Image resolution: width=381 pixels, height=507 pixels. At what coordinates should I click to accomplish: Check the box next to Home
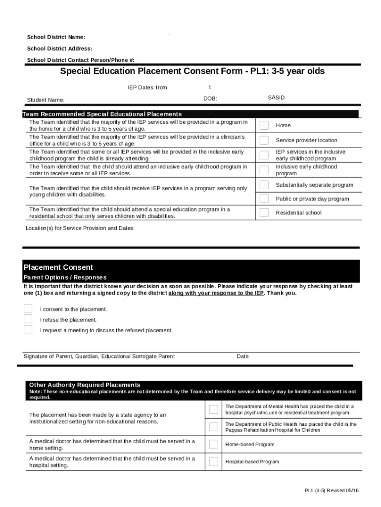coord(264,125)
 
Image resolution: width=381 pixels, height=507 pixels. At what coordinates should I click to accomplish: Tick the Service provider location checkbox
coord(264,140)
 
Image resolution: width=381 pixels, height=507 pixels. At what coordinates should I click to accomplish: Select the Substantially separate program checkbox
coord(264,185)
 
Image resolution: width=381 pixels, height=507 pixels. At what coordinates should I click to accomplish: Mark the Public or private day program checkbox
coord(264,199)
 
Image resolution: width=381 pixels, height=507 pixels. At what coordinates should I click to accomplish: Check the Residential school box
coord(264,213)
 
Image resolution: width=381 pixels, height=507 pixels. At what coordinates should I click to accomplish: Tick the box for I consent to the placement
coord(28,308)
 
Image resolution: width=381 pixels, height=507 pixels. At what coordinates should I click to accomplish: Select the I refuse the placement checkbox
coord(28,319)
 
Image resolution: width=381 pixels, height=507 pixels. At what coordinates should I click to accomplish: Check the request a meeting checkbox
coord(28,330)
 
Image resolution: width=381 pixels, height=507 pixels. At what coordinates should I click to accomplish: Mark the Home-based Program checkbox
coord(213,444)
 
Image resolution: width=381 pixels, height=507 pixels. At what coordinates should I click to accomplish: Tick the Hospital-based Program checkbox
coord(213,461)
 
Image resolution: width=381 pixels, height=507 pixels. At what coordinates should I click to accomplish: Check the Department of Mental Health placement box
coord(213,409)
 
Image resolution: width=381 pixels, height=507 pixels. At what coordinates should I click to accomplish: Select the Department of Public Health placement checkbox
coord(213,427)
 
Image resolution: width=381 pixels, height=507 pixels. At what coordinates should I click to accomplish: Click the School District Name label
coord(56,38)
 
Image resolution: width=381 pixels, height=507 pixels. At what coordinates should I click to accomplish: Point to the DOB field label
coord(210,99)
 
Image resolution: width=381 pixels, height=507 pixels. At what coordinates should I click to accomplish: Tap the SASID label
coord(276,98)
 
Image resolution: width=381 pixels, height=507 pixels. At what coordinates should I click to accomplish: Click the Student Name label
coord(46,100)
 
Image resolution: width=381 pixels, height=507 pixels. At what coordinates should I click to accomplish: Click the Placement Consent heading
coord(58,267)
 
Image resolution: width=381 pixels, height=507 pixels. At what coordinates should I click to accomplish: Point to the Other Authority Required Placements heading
coord(85,385)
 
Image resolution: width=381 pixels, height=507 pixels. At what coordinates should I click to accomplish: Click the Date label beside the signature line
coord(242,356)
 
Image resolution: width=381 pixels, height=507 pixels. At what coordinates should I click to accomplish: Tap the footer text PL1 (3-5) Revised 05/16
coord(332,490)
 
